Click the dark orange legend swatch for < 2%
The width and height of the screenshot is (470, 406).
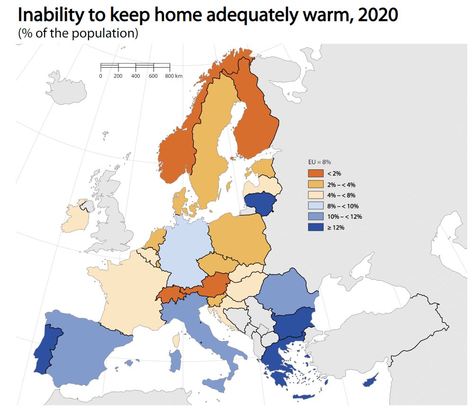[x=316, y=174]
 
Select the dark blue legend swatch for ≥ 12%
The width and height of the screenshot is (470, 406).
[x=316, y=227]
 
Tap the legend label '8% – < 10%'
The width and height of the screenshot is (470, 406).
[x=343, y=206]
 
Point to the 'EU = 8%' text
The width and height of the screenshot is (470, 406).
[x=319, y=162]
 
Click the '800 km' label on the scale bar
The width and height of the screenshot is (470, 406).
[x=173, y=76]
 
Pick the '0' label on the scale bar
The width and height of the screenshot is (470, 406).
[x=101, y=76]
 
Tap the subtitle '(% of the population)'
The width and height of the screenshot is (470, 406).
[x=78, y=33]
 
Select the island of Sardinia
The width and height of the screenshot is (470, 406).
[x=175, y=360]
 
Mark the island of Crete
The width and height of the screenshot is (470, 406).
[x=303, y=397]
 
